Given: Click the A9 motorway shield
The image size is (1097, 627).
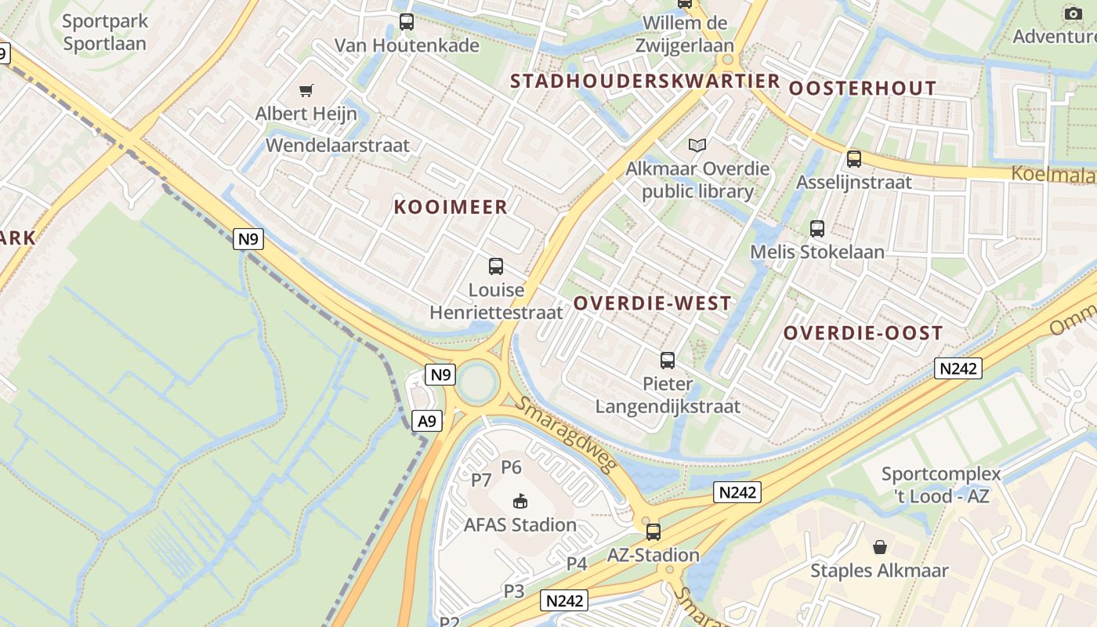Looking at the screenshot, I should (426, 422).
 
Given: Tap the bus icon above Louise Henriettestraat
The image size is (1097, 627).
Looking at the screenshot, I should (495, 266).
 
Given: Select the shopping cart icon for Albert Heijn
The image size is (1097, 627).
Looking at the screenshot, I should (306, 91).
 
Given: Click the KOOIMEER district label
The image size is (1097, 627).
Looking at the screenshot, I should (451, 207).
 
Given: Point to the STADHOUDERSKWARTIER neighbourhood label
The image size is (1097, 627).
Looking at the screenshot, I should (645, 81).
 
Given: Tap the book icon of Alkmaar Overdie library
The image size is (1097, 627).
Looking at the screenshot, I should (697, 145).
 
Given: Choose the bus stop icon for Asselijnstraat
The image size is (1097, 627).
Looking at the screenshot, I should (853, 159).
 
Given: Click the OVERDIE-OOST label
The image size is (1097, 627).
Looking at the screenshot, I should (863, 333).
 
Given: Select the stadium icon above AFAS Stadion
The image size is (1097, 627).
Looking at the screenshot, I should (520, 501).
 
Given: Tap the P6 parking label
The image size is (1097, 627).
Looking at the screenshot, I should (511, 468).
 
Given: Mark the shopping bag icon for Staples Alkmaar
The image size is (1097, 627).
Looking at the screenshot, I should (880, 546).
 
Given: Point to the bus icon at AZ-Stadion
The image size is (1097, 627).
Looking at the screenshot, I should (653, 532).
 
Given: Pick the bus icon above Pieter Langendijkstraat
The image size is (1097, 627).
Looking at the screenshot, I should (667, 361).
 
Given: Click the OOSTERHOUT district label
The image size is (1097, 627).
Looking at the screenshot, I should (862, 88).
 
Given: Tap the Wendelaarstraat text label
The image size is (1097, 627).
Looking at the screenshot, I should (338, 145).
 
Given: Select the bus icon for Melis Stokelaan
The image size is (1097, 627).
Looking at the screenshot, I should (817, 229).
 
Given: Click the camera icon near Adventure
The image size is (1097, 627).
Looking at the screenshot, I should (1073, 13).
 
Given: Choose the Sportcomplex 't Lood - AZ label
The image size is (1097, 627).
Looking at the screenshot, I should (941, 484).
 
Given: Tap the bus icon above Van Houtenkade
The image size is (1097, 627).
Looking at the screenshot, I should (406, 22).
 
